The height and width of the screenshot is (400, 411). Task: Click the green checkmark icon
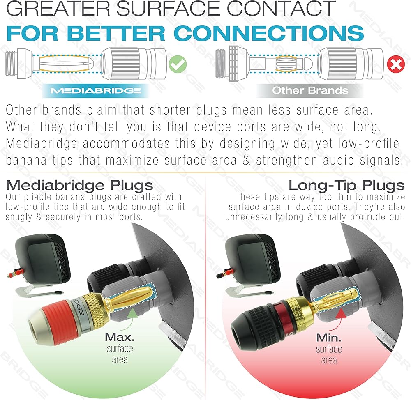(x=178, y=64)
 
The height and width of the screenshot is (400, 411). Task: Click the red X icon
(x=396, y=64)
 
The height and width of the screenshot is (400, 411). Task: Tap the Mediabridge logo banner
(x=96, y=91)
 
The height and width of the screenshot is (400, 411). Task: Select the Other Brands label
(x=310, y=90)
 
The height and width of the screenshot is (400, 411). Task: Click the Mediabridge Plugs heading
(x=79, y=185)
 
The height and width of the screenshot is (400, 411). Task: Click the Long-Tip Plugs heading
(x=346, y=185)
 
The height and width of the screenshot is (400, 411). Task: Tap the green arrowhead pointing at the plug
(x=132, y=313)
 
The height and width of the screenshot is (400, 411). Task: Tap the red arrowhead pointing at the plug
(x=341, y=313)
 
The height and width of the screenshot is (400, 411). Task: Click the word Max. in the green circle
(x=120, y=337)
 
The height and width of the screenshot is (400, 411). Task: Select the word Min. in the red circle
(x=329, y=338)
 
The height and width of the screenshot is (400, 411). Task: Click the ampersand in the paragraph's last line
(x=246, y=160)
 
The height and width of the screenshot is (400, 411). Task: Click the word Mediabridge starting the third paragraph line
(x=42, y=144)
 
